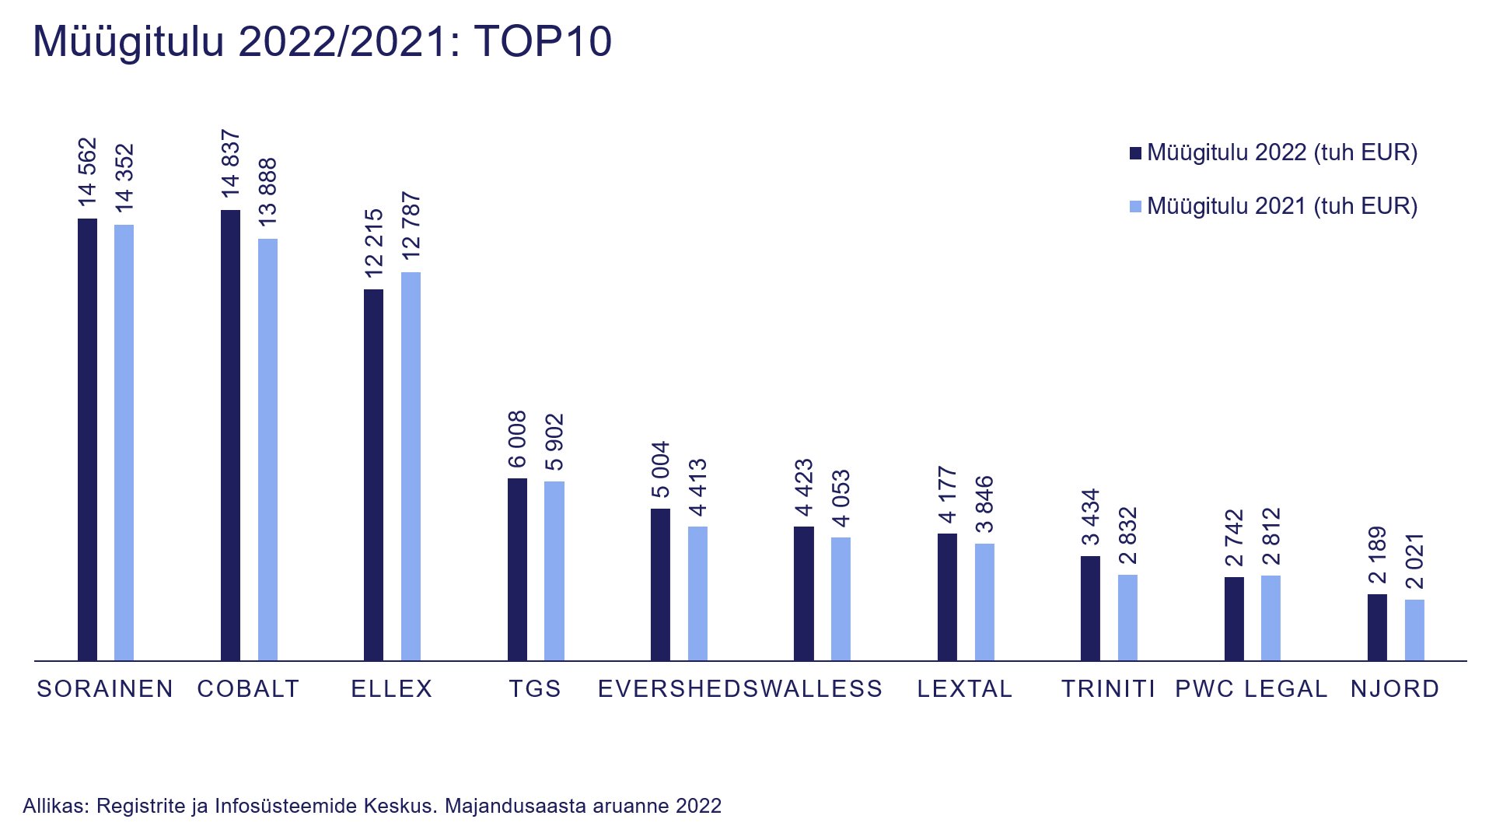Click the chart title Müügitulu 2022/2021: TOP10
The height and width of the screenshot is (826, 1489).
322,41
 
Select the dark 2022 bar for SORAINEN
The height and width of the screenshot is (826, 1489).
88,439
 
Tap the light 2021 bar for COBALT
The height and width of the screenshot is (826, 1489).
267,450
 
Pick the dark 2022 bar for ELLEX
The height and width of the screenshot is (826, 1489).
374,474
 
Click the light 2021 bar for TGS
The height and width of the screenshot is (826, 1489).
554,571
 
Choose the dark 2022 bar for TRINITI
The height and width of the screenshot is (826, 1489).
1090,608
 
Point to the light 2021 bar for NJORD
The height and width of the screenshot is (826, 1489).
1414,630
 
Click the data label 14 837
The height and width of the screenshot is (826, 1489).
231,163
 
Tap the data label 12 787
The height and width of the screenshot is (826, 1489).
411,226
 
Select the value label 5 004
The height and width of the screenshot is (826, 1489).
660,470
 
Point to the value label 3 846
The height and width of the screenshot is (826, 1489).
984,504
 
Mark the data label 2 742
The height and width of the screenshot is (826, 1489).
1234,538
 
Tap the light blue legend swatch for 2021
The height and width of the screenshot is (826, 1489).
1135,207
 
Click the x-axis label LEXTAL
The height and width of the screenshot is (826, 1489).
965,689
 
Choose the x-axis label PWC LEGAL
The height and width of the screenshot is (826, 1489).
1251,689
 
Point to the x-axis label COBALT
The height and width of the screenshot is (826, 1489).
249,689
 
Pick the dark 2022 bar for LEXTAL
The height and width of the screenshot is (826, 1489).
947,597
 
